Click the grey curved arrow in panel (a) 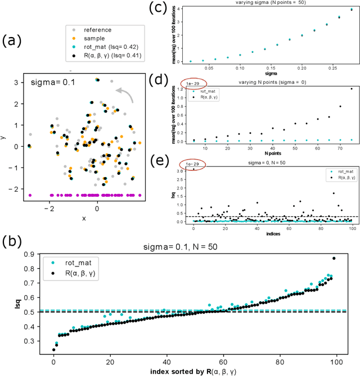(125, 93)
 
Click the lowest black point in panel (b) (54, 350)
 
